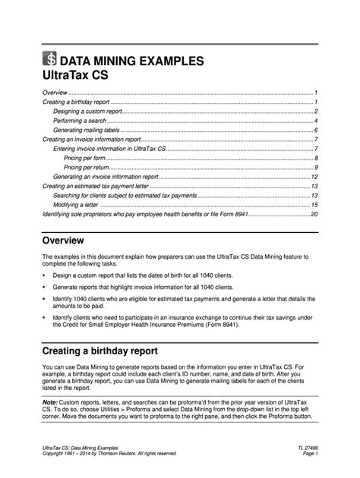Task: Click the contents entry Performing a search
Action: pos(79,121)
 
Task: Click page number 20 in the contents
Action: pos(314,214)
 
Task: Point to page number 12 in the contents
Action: pos(314,176)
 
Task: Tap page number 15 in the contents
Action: pos(314,205)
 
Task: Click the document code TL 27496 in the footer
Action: pos(304,449)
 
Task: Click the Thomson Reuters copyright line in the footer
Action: pos(109,456)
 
